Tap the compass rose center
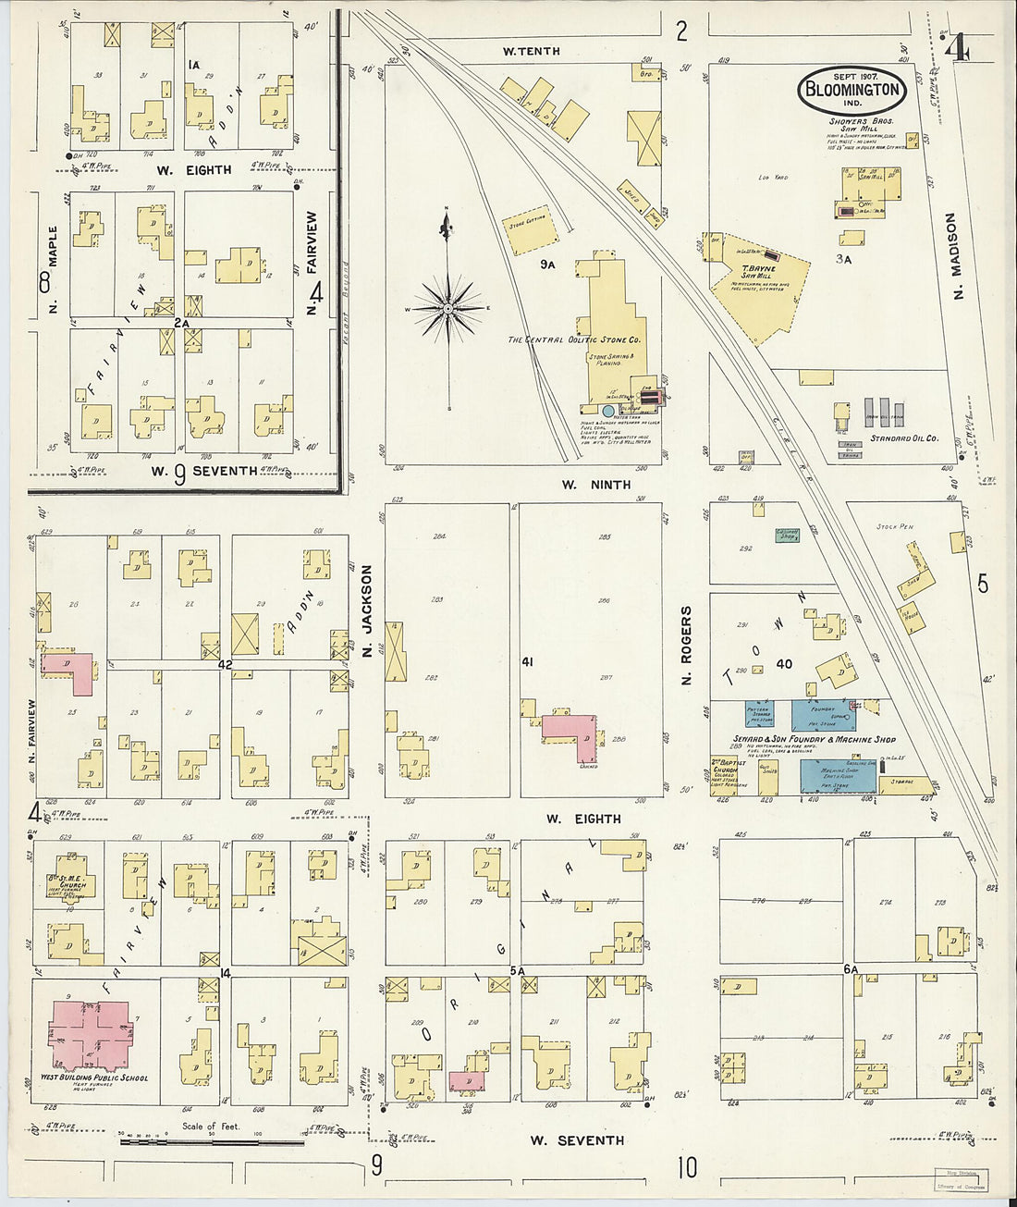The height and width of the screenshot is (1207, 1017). (x=447, y=307)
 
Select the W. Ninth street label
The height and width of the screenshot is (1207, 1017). (x=596, y=485)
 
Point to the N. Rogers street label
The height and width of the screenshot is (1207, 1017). (x=687, y=646)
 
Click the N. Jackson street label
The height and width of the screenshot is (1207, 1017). (x=367, y=611)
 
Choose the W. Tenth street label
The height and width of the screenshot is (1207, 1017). (x=531, y=52)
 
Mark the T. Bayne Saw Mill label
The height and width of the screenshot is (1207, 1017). (x=757, y=272)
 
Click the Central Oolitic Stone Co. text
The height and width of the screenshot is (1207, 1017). (x=574, y=340)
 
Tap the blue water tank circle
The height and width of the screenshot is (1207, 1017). (x=607, y=410)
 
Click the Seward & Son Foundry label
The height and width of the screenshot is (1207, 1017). (x=801, y=739)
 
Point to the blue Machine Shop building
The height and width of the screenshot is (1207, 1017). (x=837, y=775)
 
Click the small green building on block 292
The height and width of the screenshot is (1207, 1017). (x=788, y=535)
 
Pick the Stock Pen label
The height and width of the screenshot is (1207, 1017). (x=894, y=526)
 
